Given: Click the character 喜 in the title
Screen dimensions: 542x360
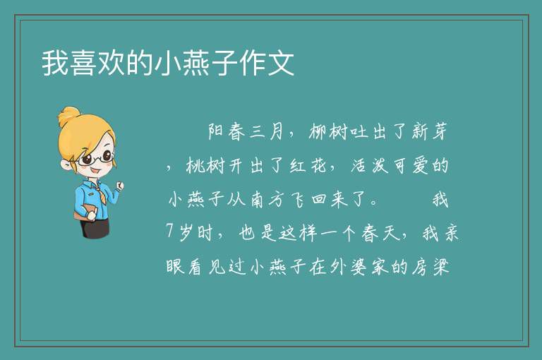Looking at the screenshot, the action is (83, 63).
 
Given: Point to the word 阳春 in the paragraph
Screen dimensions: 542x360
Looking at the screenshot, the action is (227, 131).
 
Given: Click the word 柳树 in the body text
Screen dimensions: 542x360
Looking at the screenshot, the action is (327, 131).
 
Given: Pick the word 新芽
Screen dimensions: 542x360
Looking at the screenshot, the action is (430, 131).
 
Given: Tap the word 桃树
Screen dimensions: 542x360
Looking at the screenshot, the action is (205, 165).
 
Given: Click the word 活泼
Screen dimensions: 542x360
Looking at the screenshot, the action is (370, 165).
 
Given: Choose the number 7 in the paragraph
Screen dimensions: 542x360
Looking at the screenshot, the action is (169, 231).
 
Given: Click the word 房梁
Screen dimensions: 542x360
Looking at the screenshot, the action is (430, 267).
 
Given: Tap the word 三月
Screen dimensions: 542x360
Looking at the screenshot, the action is (267, 131).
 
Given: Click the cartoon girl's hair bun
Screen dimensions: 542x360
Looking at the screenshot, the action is (68, 116).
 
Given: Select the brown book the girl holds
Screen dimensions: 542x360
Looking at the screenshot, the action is (85, 212).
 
